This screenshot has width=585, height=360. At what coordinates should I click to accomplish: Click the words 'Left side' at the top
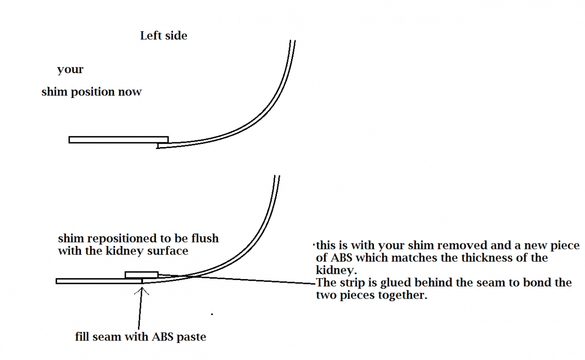[164, 36]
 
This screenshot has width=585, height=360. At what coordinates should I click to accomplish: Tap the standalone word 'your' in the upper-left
[70, 70]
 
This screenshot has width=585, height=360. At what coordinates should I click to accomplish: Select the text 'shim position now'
[92, 92]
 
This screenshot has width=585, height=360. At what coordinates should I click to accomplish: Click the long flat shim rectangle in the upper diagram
[118, 140]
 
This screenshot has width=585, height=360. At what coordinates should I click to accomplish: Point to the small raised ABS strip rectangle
[141, 275]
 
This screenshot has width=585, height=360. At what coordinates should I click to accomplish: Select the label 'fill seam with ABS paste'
[140, 337]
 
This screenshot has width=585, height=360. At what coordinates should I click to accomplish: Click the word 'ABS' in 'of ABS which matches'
[341, 258]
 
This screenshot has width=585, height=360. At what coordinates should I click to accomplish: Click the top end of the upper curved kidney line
[293, 40]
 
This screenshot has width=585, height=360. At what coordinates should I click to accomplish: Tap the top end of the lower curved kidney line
[277, 176]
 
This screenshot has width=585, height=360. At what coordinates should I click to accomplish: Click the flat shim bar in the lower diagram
[99, 281]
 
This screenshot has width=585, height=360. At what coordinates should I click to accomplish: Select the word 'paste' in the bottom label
[192, 337]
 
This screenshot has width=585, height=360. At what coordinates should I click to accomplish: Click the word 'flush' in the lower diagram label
[205, 238]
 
